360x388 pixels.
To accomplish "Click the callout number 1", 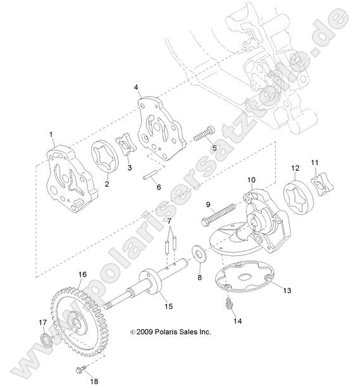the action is point(51,135).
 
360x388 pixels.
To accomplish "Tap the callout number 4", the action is point(136,87).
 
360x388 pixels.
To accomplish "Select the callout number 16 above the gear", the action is point(83,274).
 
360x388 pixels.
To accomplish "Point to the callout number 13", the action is point(287,290).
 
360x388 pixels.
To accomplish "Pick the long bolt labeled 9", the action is point(218,213).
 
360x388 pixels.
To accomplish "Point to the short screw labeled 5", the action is point(204,133).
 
